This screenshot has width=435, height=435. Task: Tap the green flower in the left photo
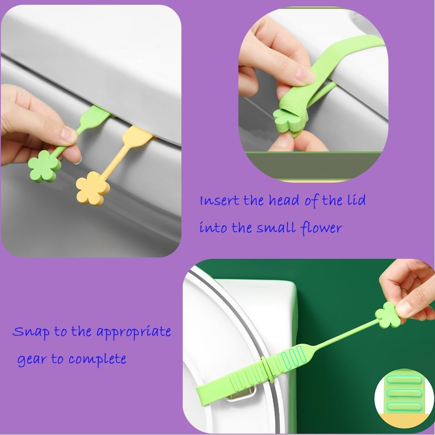point(44,166)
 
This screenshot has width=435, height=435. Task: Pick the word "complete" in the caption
point(97,360)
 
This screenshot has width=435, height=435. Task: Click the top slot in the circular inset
point(402,380)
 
